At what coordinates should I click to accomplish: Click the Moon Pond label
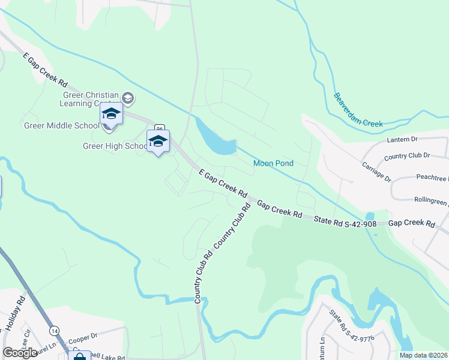(274, 163)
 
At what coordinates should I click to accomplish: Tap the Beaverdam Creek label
(358, 110)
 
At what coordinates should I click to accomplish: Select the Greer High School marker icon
(158, 142)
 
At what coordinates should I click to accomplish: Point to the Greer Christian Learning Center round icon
(127, 98)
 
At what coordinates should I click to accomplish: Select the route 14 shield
(55, 331)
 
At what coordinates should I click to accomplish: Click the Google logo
(20, 353)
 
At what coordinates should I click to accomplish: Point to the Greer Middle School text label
(61, 125)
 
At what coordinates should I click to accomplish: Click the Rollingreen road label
(431, 199)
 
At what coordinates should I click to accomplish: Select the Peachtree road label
(432, 179)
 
